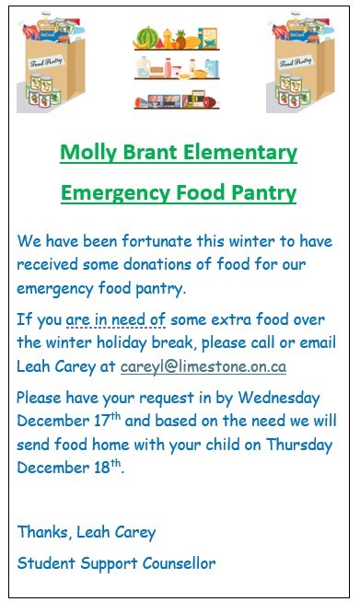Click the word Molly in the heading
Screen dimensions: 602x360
[87, 153]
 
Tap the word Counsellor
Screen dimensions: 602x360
[174, 561]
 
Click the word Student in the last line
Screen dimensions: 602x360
[44, 561]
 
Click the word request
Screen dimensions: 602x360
[173, 398]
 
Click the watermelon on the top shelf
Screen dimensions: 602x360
[148, 38]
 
